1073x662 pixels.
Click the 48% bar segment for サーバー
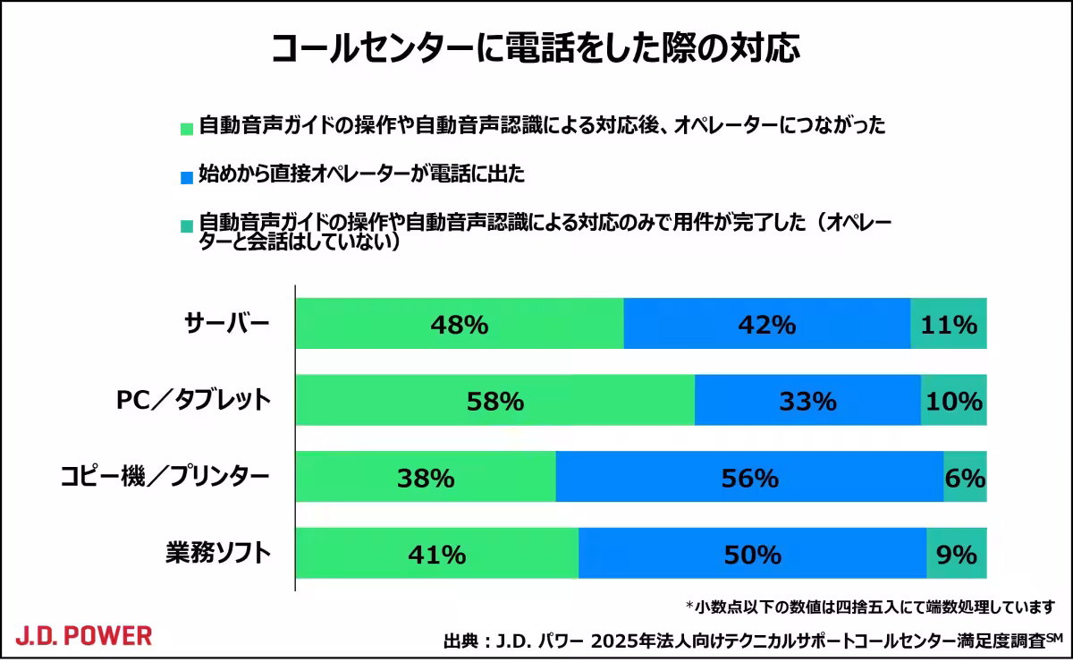tap(459, 324)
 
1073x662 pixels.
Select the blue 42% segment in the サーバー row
tap(766, 324)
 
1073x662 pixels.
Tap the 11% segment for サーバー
tap(949, 324)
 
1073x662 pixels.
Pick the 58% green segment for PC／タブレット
tap(494, 401)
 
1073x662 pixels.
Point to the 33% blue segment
tap(807, 401)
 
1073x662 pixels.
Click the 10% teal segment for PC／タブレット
tap(954, 401)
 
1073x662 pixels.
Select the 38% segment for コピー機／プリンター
tap(426, 478)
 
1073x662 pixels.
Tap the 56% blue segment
tap(749, 478)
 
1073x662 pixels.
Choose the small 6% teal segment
tap(965, 478)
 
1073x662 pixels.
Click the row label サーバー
tap(226, 324)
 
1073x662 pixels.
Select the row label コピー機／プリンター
tap(164, 478)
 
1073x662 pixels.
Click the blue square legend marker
tap(186, 177)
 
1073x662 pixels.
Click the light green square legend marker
tap(186, 128)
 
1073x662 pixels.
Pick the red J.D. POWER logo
tap(83, 636)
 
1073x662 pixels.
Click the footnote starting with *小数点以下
tap(870, 607)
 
